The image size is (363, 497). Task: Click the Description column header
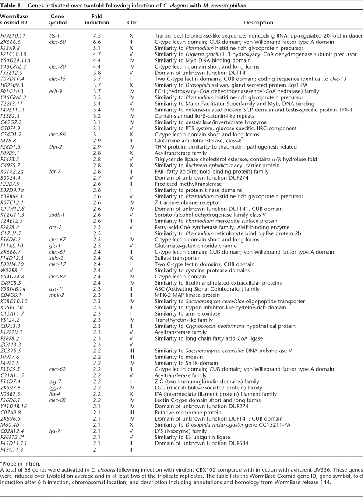(259, 23)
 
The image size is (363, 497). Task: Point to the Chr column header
(131, 23)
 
